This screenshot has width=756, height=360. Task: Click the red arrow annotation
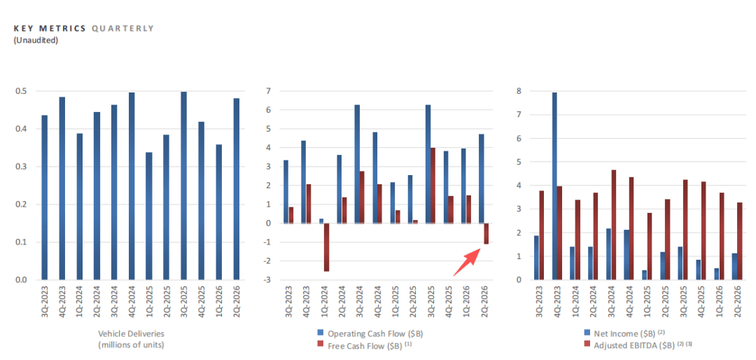pos(467,261)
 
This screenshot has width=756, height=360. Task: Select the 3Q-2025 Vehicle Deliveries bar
pos(183,186)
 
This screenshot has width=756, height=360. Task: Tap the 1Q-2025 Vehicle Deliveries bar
pos(149,216)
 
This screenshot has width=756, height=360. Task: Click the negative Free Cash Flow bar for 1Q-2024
pos(326,247)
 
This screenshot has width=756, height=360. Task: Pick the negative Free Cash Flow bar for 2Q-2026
pos(486,233)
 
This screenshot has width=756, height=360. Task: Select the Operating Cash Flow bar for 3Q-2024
pos(357,164)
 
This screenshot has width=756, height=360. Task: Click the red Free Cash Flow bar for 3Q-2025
pos(433,186)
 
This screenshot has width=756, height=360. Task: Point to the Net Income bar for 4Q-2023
pos(554,186)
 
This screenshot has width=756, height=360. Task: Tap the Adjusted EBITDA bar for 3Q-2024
pos(614,225)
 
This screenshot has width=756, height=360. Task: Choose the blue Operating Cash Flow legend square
pos(320,333)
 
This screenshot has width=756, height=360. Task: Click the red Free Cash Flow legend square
pos(320,345)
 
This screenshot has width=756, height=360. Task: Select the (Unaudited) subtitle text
pos(36,40)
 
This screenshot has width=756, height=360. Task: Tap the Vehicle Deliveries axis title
pos(131,339)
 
